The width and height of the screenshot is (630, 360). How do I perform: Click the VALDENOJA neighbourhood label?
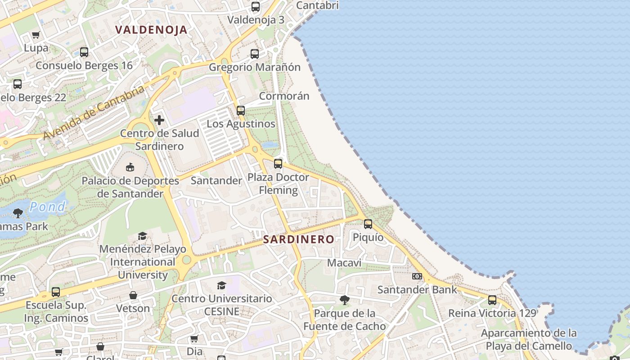tap(151, 30)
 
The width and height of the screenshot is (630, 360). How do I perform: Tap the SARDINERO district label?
tap(299, 239)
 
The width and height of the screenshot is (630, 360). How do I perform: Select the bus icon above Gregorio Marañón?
tap(255, 54)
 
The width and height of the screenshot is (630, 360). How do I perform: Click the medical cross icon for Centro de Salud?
tap(159, 120)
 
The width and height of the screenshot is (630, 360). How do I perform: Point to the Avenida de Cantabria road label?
tap(94, 112)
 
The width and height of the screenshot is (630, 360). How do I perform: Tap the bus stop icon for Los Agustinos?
tap(241, 110)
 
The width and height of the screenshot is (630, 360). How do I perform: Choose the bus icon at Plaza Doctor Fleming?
tap(278, 164)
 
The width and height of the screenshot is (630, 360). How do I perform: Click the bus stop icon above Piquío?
tap(368, 224)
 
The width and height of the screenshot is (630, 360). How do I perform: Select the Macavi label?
tap(344, 262)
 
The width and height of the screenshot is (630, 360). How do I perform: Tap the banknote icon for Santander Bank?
tap(417, 276)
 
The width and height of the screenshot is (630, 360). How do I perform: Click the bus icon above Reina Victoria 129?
tap(492, 300)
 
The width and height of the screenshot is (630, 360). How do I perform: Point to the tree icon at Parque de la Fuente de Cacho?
tap(345, 300)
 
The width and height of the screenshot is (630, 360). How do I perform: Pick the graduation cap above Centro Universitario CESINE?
tap(221, 285)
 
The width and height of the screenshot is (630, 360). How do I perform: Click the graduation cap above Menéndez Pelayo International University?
tap(143, 236)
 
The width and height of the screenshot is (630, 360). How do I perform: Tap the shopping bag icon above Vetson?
tap(133, 295)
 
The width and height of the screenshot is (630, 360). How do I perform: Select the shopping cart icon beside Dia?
tap(194, 338)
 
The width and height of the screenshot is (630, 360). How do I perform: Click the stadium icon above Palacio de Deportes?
tap(130, 167)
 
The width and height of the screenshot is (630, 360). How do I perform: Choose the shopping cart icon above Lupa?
tap(36, 35)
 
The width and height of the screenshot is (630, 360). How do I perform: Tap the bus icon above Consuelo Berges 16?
tap(84, 52)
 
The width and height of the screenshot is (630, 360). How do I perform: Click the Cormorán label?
tap(284, 96)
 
